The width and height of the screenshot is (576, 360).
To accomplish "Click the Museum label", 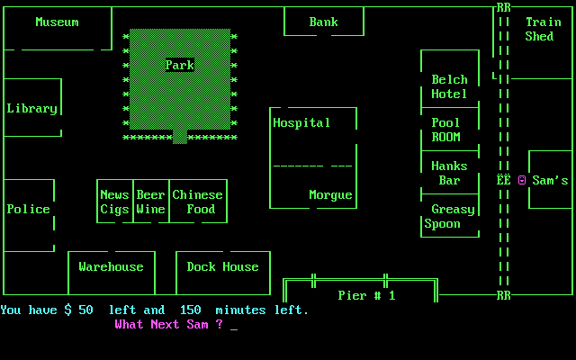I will tap(57, 22).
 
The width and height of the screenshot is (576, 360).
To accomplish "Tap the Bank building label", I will tap(323, 22).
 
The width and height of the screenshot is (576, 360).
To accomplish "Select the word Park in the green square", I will tap(179, 65).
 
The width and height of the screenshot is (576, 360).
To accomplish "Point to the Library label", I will tap(31, 108).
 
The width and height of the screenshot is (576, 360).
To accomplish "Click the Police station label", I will tap(28, 209).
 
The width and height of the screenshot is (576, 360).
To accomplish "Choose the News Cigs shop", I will tap(114, 202).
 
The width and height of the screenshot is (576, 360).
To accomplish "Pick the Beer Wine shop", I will tap(150, 202).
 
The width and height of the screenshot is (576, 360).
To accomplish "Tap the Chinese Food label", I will tap(197, 202).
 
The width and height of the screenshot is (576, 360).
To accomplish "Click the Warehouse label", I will tap(111, 266).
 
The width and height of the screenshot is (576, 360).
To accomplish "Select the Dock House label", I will tap(222, 266).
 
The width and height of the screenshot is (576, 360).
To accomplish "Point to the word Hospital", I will tap(301, 122).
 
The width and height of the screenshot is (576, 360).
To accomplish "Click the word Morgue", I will tap(330, 194).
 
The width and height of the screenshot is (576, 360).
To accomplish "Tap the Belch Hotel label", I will tap(449, 86).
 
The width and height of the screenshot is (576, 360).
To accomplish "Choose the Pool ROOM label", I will tap(445, 130).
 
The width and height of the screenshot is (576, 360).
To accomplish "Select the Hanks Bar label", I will tap(449, 173).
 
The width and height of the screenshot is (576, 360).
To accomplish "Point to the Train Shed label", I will tap(543, 29).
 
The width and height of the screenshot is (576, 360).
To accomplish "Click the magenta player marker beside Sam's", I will tap(521, 180).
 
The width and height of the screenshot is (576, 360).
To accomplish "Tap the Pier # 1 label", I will tap(366, 295).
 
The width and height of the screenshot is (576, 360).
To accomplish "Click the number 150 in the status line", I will tap(190, 310).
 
